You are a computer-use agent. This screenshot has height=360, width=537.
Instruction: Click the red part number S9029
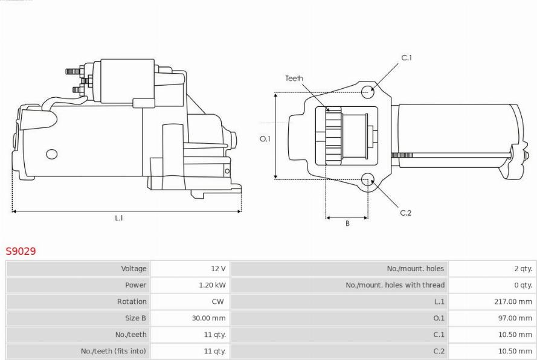tap(21, 251)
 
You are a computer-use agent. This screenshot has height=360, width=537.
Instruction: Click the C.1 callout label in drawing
tap(407, 58)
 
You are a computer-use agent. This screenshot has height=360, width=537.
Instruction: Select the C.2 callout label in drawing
tap(406, 213)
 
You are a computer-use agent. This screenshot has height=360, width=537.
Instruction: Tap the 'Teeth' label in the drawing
tap(294, 79)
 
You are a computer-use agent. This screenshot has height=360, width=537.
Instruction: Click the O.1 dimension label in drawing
tap(265, 139)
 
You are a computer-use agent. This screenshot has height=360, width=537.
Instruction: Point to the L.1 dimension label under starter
tap(119, 219)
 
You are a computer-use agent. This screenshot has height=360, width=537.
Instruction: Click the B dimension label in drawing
tap(347, 223)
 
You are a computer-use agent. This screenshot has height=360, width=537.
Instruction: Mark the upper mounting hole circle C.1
tap(368, 92)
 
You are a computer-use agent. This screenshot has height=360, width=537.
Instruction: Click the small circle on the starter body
tap(52, 154)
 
